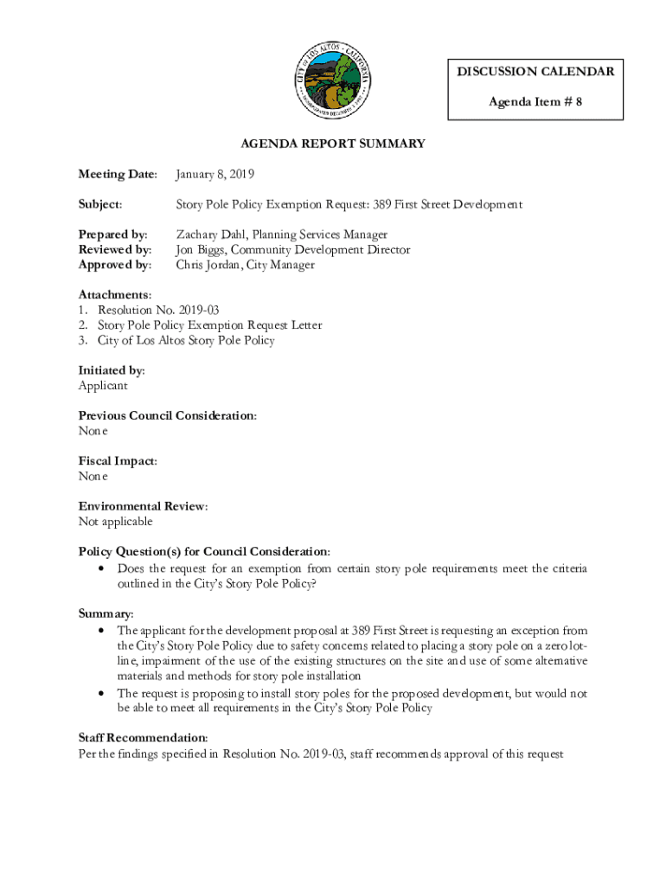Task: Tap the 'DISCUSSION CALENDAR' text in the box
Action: pyautogui.click(x=535, y=72)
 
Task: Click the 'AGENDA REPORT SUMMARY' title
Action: pyautogui.click(x=333, y=144)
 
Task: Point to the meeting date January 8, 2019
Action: pyautogui.click(x=215, y=175)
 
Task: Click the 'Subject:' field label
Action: pyautogui.click(x=100, y=205)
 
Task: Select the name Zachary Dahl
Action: pyautogui.click(x=211, y=234)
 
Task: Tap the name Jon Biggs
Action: pyautogui.click(x=207, y=250)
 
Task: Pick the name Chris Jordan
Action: pyautogui.click(x=208, y=265)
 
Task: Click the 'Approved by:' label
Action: pyautogui.click(x=115, y=265)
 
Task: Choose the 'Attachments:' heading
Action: pyautogui.click(x=115, y=295)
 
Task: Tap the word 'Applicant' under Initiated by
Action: pyautogui.click(x=103, y=386)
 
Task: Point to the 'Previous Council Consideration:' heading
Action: pyautogui.click(x=167, y=416)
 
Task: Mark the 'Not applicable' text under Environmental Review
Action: pyautogui.click(x=115, y=522)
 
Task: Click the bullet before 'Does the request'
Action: pyautogui.click(x=103, y=569)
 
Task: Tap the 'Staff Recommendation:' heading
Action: pyautogui.click(x=143, y=738)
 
